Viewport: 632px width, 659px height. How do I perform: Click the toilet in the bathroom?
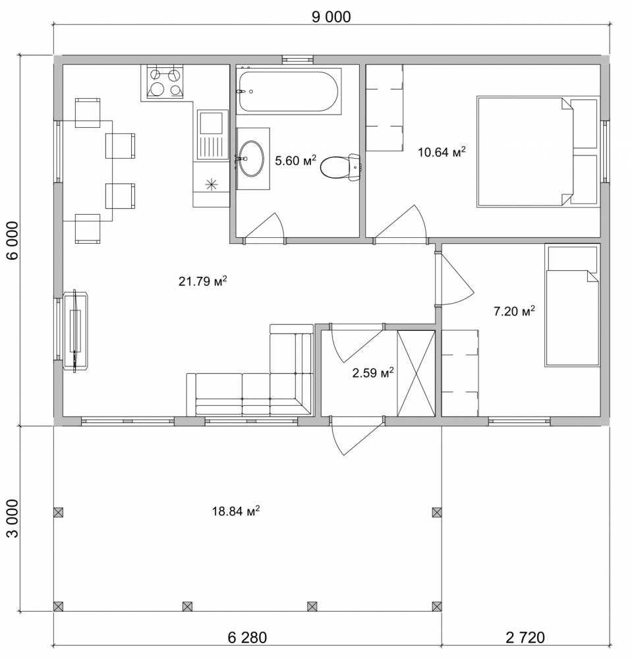coord(340,167)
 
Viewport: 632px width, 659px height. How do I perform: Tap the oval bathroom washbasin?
coord(251,159)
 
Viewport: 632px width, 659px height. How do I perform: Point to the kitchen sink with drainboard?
coord(211,135)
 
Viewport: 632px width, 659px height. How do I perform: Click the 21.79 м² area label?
coord(203,281)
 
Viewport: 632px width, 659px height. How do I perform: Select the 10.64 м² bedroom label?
coord(442,152)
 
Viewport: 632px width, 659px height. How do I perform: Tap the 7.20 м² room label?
coord(514,311)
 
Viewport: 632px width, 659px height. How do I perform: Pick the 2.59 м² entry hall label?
coord(373,372)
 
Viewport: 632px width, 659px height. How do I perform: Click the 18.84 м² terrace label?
coord(236,511)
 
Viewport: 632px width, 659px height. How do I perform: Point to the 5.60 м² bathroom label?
coord(295,161)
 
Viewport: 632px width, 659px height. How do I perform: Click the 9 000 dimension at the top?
coord(331,17)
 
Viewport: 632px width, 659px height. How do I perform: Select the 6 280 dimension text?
coord(247,637)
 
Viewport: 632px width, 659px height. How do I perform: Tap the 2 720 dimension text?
coord(525,637)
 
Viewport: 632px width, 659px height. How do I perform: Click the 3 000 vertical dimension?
coord(13,518)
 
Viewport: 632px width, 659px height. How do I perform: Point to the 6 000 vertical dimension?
coord(13,241)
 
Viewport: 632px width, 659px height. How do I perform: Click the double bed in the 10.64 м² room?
coord(537,152)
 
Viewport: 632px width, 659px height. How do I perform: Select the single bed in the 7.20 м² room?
coord(572,305)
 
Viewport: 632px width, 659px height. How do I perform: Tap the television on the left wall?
coord(76,331)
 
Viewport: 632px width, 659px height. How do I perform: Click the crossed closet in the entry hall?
coord(416,373)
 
